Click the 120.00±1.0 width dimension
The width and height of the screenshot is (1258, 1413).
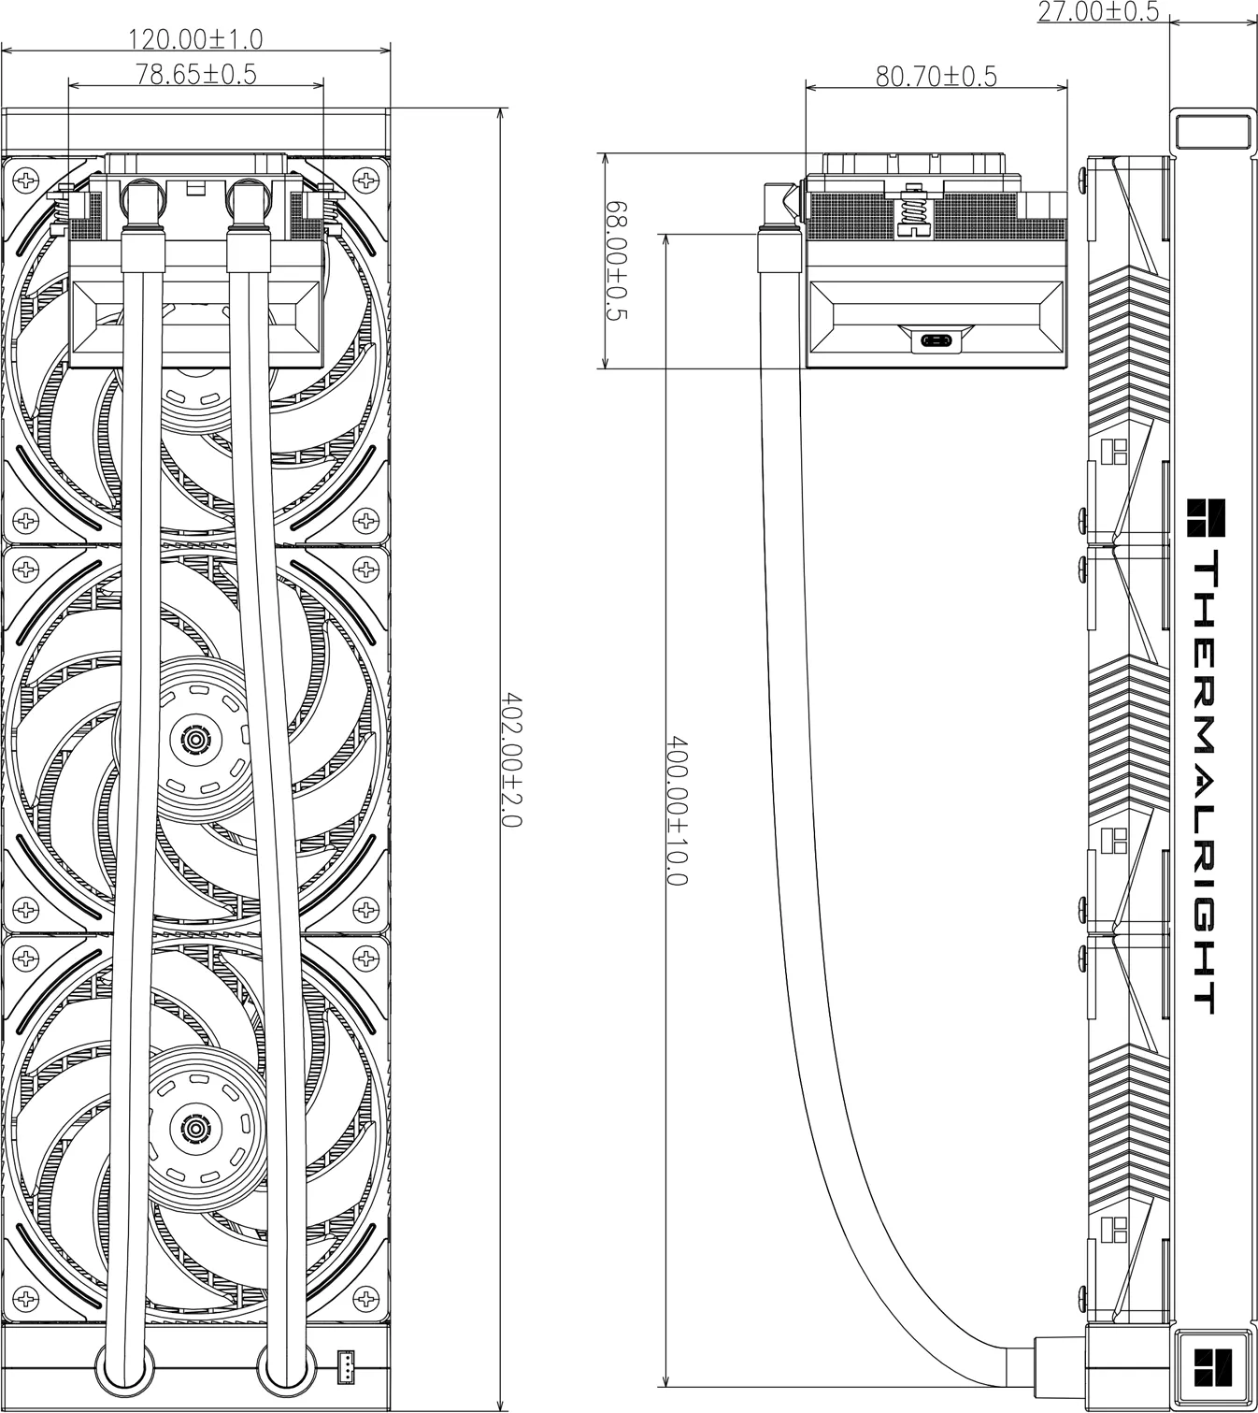pyautogui.click(x=196, y=40)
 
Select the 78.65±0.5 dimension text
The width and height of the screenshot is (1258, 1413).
pyautogui.click(x=196, y=74)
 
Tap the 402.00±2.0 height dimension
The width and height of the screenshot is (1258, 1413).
pyautogui.click(x=511, y=759)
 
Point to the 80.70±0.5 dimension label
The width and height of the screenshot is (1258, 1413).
pyautogui.click(x=936, y=76)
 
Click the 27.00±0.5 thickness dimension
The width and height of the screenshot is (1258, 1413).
pyautogui.click(x=1097, y=12)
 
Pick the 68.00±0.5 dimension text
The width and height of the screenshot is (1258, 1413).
pyautogui.click(x=617, y=261)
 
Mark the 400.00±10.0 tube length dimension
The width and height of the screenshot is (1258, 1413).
pyautogui.click(x=677, y=811)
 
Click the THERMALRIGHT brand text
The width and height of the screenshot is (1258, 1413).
pyautogui.click(x=1205, y=781)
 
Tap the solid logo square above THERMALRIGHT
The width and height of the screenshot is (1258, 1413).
pyautogui.click(x=1206, y=517)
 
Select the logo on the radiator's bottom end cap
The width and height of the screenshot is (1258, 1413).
pyautogui.click(x=1213, y=1367)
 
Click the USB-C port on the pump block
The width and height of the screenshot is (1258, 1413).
pyautogui.click(x=936, y=340)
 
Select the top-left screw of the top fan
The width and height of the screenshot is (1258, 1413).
pyautogui.click(x=26, y=180)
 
